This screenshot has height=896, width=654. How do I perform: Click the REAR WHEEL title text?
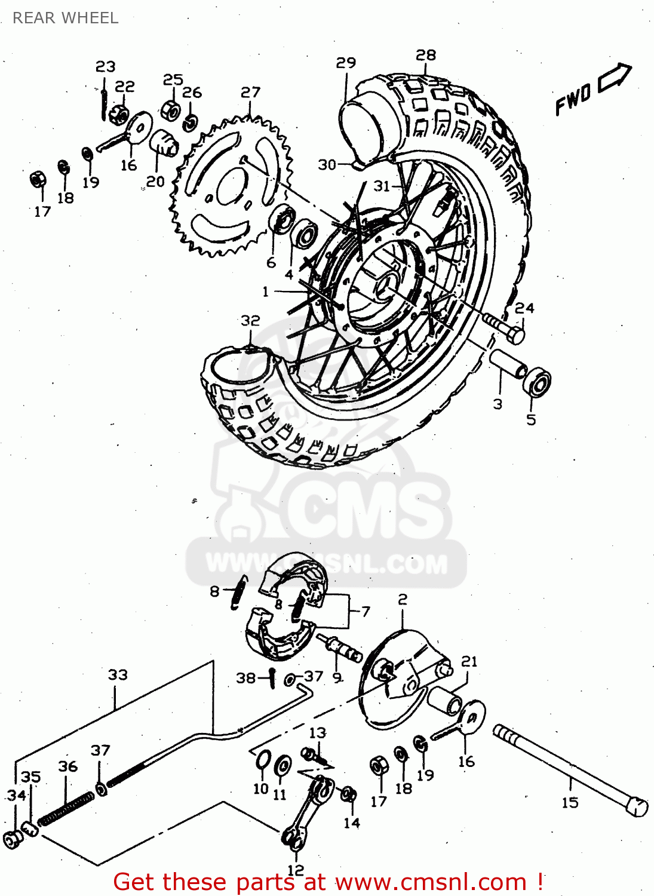click(x=65, y=18)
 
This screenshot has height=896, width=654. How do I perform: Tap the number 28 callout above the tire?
click(x=426, y=55)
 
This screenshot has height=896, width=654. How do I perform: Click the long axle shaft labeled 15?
click(x=570, y=771)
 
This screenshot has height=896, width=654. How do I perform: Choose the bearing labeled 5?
click(x=537, y=381)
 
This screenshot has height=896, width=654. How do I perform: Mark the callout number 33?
click(x=118, y=675)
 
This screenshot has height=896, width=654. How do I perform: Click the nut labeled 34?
click(x=13, y=839)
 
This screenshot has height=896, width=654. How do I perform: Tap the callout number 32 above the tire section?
click(x=250, y=321)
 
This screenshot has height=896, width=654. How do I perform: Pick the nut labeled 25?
click(x=171, y=110)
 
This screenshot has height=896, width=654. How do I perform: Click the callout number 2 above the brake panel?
click(x=403, y=599)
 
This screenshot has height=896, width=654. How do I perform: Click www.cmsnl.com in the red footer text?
click(x=431, y=882)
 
